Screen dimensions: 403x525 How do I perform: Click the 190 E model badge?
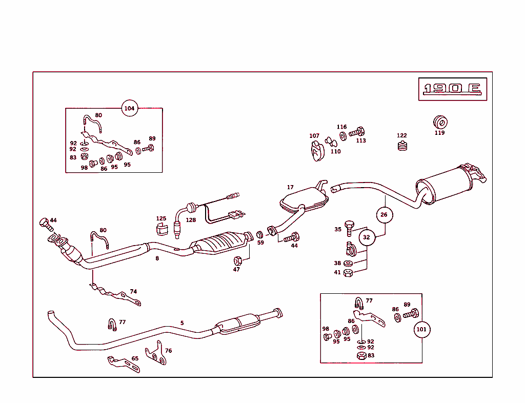(x=452, y=89)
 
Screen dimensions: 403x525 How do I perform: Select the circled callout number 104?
(x=130, y=108)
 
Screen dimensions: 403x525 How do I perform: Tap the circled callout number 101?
(x=421, y=329)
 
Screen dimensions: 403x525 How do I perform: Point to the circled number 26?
(x=385, y=215)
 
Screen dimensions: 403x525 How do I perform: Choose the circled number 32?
(x=366, y=237)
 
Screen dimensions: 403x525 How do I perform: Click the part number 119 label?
(x=439, y=133)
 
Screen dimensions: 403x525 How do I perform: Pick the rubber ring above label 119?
(x=440, y=122)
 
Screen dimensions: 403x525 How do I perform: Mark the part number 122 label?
(x=402, y=136)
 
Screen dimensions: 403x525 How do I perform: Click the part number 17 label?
(x=290, y=188)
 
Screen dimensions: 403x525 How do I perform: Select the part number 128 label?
(x=191, y=220)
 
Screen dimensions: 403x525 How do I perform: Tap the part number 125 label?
(x=161, y=218)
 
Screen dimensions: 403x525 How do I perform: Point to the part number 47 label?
(x=236, y=269)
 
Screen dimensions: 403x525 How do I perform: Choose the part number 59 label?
(x=260, y=243)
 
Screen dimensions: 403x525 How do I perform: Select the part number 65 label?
(x=135, y=359)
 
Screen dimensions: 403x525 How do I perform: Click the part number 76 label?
(x=168, y=351)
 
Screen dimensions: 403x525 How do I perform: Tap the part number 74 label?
(x=133, y=292)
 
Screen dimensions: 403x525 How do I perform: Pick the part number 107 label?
(x=314, y=136)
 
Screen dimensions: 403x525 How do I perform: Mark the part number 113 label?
(x=361, y=140)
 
